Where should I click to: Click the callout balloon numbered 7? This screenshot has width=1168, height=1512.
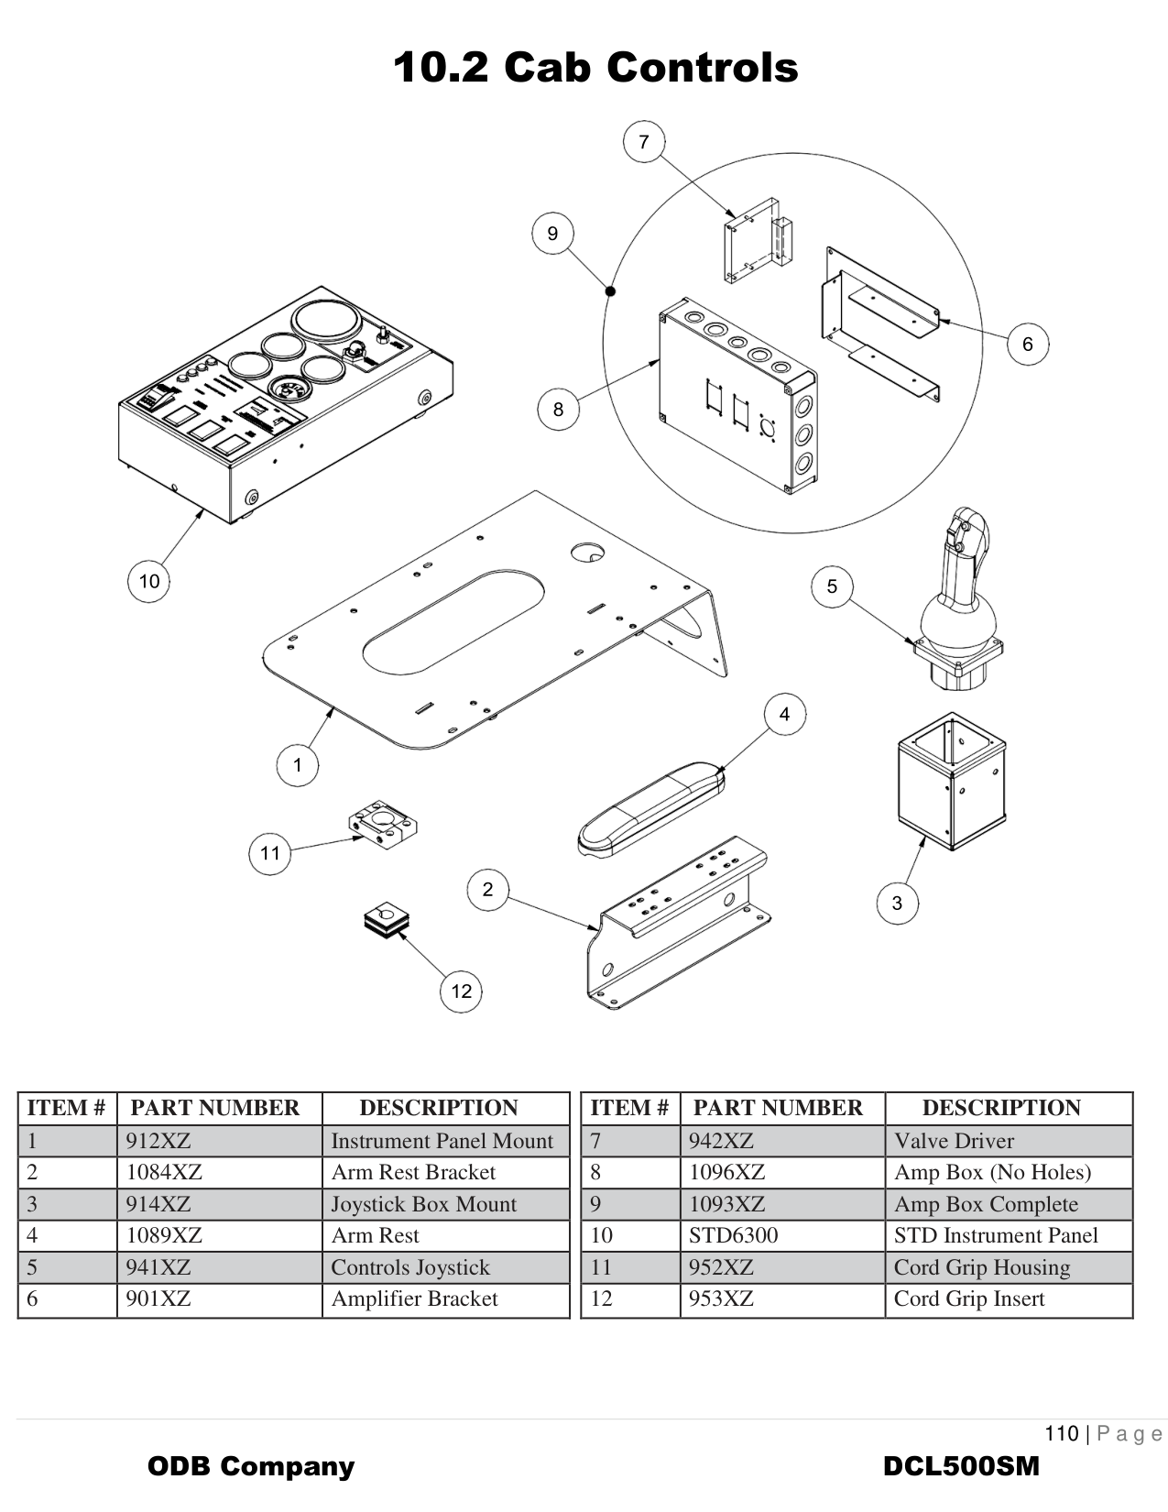[x=643, y=142]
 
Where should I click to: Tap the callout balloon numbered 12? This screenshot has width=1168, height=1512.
[x=461, y=991]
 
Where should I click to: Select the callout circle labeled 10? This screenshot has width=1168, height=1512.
[x=148, y=581]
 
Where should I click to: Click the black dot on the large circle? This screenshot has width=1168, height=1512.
[x=611, y=291]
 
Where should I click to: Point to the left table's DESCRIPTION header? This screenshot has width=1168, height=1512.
[x=438, y=1108]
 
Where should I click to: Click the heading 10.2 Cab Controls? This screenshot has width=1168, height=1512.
[x=595, y=68]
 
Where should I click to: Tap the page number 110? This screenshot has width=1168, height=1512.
[x=1061, y=1433]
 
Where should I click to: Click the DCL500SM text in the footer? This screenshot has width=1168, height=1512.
[x=961, y=1466]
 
